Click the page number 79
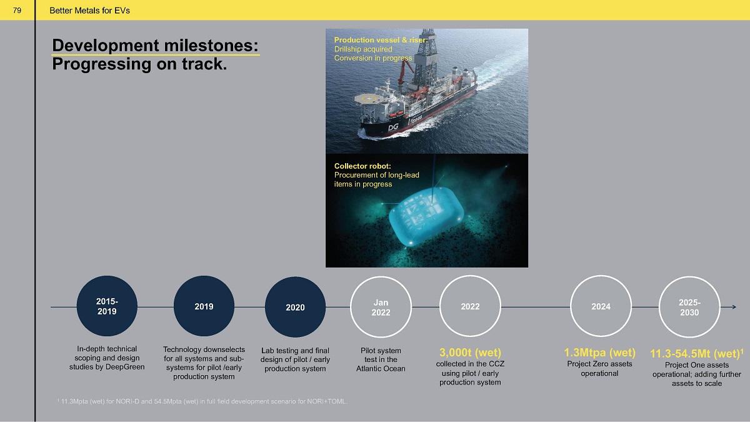[x=17, y=11]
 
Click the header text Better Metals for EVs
[x=90, y=11]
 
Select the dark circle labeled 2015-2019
[x=107, y=306]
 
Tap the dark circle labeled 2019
[x=204, y=306]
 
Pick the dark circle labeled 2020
[x=295, y=307]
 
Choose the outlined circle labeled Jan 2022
[x=351, y=307]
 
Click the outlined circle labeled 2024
[x=571, y=306]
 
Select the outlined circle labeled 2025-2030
[x=659, y=307]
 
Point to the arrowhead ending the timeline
[x=734, y=307]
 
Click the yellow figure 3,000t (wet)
[x=470, y=353]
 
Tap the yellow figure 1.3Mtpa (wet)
[x=599, y=353]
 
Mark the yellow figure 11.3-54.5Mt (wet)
[x=696, y=354]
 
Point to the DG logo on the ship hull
[x=393, y=128]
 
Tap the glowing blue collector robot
[x=426, y=217]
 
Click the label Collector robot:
[x=362, y=166]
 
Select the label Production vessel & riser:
[x=381, y=40]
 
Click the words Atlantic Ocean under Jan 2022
[x=381, y=369]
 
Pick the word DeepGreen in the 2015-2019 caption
[x=125, y=367]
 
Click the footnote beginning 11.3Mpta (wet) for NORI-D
[x=202, y=401]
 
